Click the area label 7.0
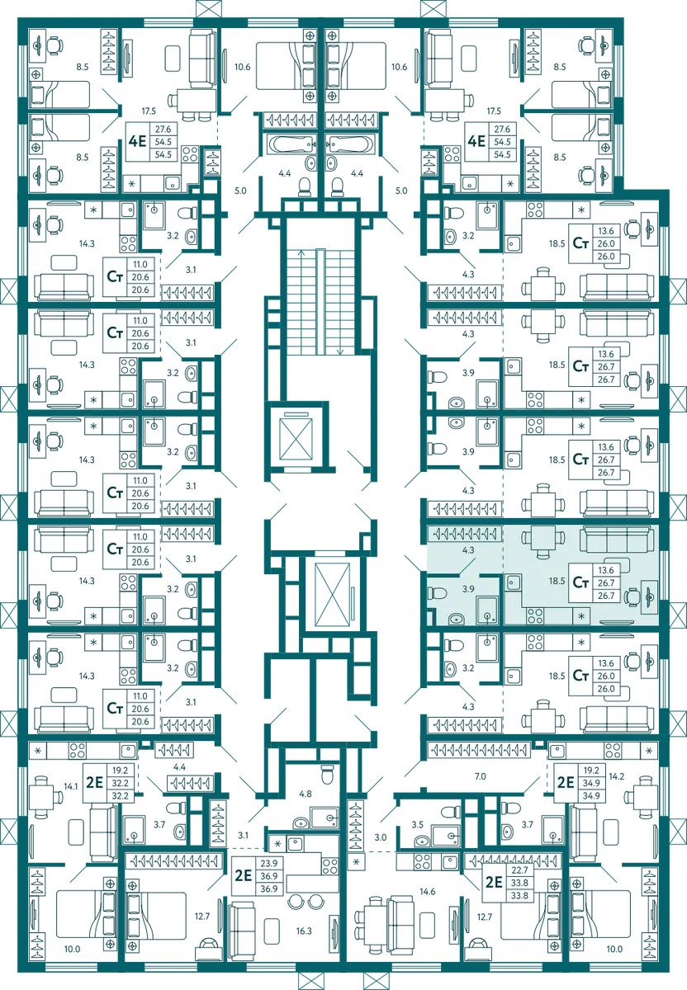click(480, 776)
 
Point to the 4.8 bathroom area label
click(306, 794)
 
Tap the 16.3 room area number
click(304, 931)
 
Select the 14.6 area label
click(428, 892)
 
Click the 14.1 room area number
click(71, 786)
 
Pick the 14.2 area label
click(616, 776)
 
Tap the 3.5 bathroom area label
click(417, 824)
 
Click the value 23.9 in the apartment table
click(269, 863)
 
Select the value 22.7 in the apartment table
click(519, 870)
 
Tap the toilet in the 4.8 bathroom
click(327, 774)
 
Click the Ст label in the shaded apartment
click(580, 582)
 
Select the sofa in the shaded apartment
click(617, 540)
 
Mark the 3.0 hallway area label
click(381, 837)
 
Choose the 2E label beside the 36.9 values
click(243, 875)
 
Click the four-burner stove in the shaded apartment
click(535, 615)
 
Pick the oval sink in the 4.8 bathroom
click(301, 823)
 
